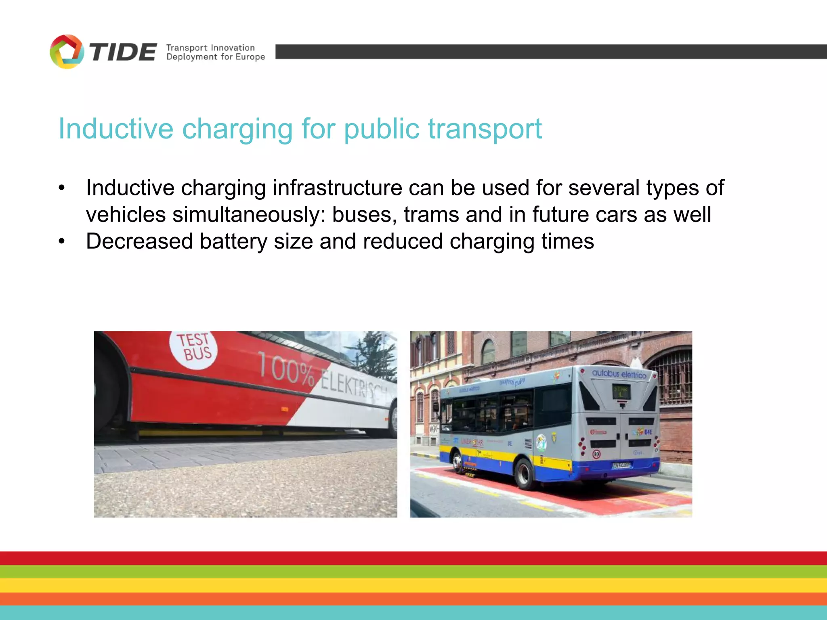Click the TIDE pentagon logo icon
pos(67,52)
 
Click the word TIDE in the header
pos(123,52)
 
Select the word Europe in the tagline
pos(250,57)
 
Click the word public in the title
pos(382,129)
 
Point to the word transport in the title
pos(485,129)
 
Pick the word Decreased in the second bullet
pos(139,241)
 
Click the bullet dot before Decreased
pos(61,242)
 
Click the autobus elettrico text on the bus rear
pos(619,374)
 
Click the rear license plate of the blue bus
pos(621,465)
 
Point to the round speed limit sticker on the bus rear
pos(596,455)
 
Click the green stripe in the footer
pos(413,572)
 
